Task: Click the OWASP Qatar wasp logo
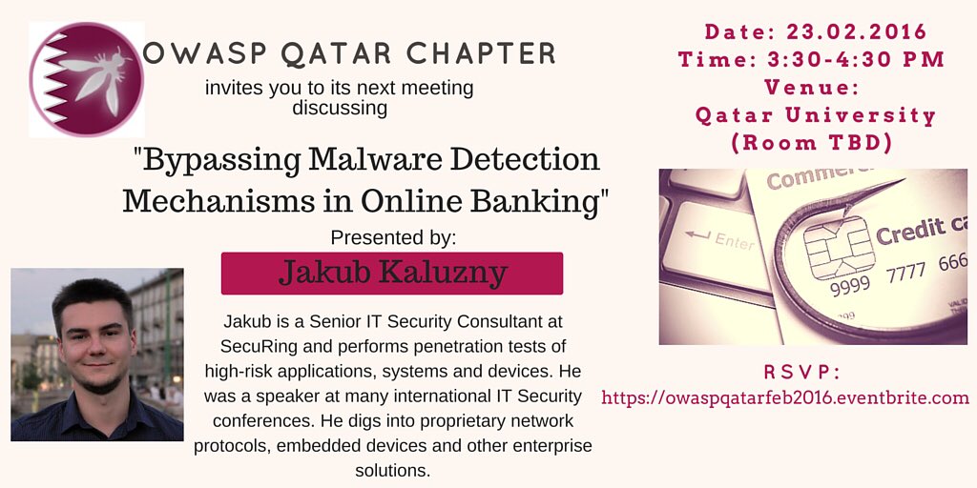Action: pyautogui.click(x=86, y=79)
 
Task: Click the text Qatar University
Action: pyautogui.click(x=816, y=115)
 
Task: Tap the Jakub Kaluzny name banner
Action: pyautogui.click(x=392, y=273)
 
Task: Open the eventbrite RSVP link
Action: pyautogui.click(x=785, y=397)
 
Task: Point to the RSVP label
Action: pyautogui.click(x=801, y=372)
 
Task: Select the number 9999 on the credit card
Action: pyautogui.click(x=850, y=286)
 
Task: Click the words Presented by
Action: pyautogui.click(x=393, y=236)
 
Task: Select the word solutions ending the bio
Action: pyautogui.click(x=393, y=470)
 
